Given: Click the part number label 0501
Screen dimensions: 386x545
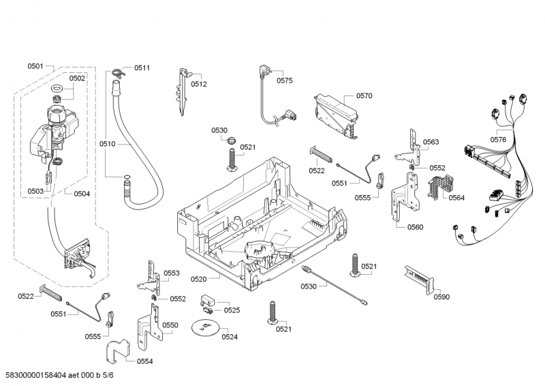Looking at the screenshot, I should [35, 66].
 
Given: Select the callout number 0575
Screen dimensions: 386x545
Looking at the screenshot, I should [285, 80].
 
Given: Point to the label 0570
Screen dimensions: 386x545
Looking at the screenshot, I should [364, 96].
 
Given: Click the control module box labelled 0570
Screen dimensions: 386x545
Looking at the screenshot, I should [334, 112].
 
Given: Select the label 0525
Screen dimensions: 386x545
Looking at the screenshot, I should [232, 310].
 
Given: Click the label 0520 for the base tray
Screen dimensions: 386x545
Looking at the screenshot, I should [198, 279].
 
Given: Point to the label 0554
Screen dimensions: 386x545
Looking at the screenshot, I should [144, 361].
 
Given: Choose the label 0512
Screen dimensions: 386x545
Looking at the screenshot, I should [199, 84].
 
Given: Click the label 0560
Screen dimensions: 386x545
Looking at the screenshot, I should [416, 227].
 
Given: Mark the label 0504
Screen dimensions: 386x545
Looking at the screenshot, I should [82, 194].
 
